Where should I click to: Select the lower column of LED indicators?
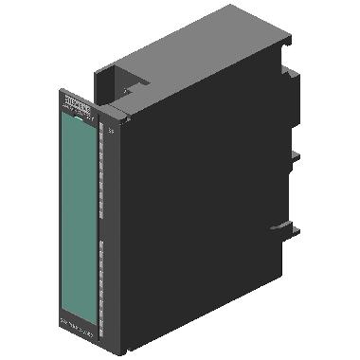click(x=99, y=275)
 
